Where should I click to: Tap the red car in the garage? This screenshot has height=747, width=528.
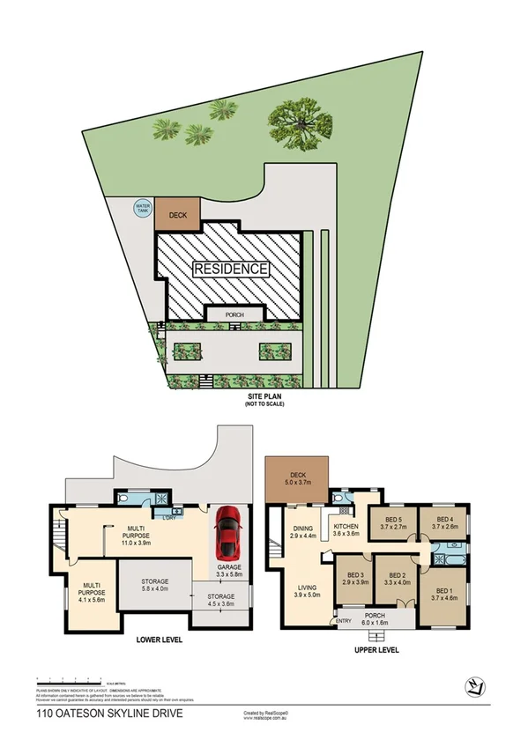point(228,529)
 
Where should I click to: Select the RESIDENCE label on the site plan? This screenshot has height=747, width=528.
point(230,269)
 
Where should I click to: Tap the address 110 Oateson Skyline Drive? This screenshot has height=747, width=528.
point(109,714)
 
